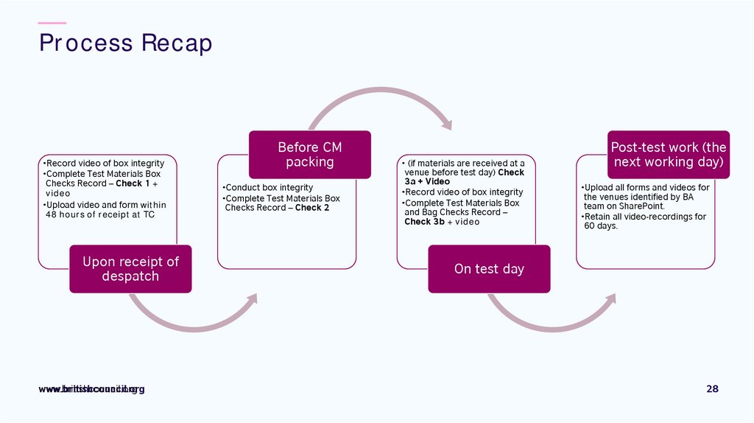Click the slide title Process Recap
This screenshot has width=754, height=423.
125,43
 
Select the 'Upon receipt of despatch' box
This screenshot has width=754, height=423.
130,269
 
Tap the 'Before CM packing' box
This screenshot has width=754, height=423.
309,155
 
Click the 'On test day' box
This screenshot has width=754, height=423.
489,269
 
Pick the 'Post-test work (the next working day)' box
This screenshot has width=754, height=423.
669,155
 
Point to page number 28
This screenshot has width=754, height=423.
712,389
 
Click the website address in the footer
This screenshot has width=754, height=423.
91,389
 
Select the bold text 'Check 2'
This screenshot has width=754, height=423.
312,208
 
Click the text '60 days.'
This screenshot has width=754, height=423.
601,226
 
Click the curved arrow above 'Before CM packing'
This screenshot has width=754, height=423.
378,103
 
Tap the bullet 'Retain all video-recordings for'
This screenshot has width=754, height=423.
644,217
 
